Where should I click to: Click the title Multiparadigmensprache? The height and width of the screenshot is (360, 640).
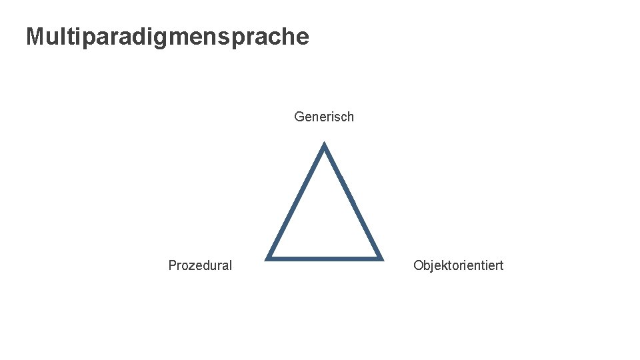[167, 36]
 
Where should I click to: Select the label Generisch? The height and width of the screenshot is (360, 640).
[324, 117]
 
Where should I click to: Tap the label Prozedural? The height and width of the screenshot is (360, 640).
[200, 265]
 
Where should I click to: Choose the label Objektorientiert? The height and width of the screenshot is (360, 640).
[458, 265]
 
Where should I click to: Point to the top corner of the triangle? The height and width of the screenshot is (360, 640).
[324, 146]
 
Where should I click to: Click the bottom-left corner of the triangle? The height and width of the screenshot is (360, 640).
[269, 257]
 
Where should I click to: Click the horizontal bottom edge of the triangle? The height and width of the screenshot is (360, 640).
[324, 257]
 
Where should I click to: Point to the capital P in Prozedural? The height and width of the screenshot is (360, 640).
[173, 265]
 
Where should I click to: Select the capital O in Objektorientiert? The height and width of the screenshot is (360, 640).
[418, 265]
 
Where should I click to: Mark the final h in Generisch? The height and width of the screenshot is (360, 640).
[350, 117]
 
